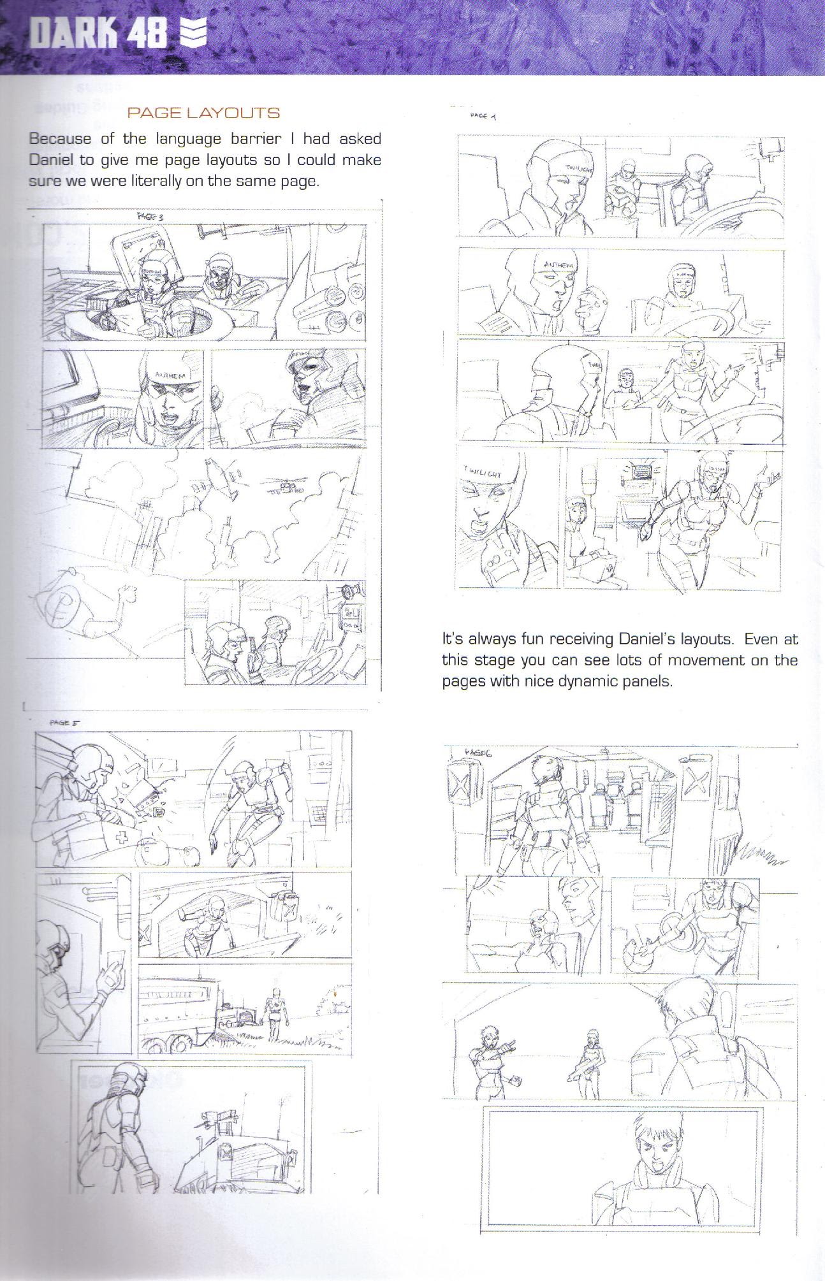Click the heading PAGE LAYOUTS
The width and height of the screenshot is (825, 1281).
pos(203,113)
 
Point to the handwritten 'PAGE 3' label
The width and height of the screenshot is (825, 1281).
pos(150,217)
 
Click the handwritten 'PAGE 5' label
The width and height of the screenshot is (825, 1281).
pos(63,723)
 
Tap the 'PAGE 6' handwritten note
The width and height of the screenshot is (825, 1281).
pos(482,753)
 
